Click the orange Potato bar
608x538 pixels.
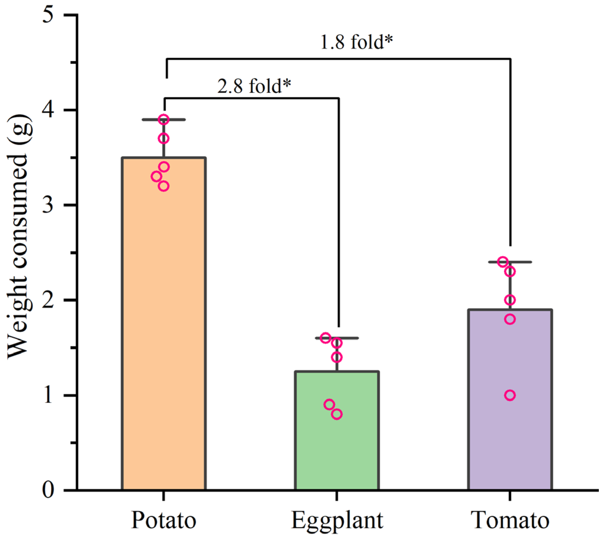(164, 328)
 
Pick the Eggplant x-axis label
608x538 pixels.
(337, 521)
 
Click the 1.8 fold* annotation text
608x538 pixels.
(356, 42)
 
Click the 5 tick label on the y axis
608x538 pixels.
(48, 15)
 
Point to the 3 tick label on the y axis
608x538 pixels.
(48, 205)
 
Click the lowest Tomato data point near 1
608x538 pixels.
(510, 395)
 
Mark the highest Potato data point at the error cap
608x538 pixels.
(164, 120)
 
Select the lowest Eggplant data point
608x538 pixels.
(337, 414)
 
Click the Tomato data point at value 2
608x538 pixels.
(510, 300)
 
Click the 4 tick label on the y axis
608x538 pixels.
(48, 110)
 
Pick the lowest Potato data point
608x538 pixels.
(164, 186)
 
